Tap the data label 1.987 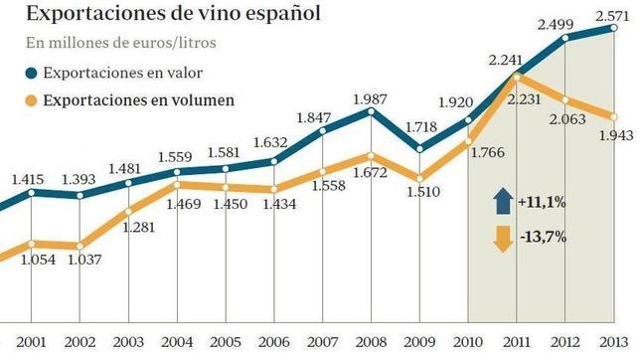point(370,95)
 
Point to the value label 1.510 point(419,191)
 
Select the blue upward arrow point(501,202)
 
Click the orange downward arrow point(501,239)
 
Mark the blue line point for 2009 point(418,149)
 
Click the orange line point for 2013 point(610,116)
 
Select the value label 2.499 point(557,24)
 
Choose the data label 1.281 point(129,230)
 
